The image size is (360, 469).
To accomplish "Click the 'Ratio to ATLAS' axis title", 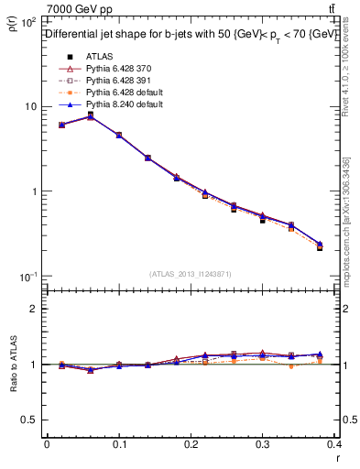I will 12,364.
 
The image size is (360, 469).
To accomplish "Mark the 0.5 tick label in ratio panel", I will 30,420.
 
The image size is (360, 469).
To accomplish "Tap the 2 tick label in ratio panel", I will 34,309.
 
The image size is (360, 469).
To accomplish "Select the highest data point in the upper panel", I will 90,115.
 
